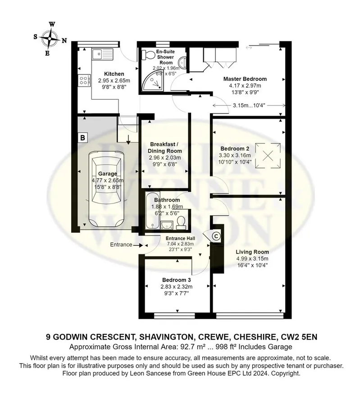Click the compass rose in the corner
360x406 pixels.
point(50,39)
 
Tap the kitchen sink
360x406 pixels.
point(102,54)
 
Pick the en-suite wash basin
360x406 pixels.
point(182,62)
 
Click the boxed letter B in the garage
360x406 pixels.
point(83,137)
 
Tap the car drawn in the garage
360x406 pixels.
point(106,189)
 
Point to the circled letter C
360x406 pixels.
point(216,236)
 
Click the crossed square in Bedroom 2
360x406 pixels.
point(268,156)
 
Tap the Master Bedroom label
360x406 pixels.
point(245,79)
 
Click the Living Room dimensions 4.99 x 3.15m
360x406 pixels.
point(252,258)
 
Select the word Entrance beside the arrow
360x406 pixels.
point(121,245)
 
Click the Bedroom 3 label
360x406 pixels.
point(176,280)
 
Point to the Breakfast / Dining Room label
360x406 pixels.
point(165,148)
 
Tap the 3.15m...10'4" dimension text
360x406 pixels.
point(249,106)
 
